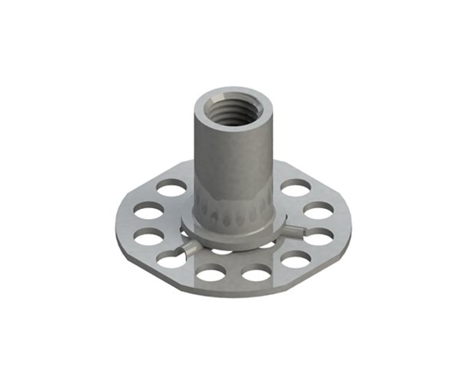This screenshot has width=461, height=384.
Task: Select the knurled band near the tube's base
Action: pos(230,209)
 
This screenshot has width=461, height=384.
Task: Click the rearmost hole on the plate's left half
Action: pos(173,187)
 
